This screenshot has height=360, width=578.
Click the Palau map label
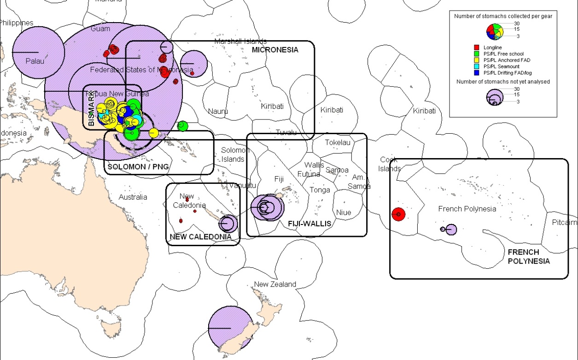coord(35,61)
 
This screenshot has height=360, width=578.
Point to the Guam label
coord(100,29)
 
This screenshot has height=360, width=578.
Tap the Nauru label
coord(218,111)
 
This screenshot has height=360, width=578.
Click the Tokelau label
coord(338,143)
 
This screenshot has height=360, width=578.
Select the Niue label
coord(344,212)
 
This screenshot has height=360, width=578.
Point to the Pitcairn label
coord(564,223)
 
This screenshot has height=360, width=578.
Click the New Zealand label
coord(275,284)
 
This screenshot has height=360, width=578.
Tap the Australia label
coord(133,197)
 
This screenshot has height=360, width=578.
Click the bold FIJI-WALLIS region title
coord(309,224)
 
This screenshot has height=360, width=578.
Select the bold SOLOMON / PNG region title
coord(138,166)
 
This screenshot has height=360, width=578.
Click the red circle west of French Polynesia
coord(398,214)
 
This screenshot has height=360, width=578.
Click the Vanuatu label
coord(242,186)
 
